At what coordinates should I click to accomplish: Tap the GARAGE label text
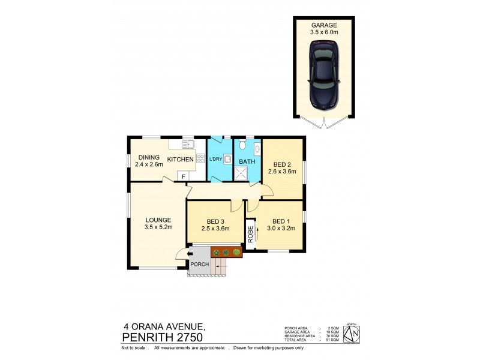tap(323, 25)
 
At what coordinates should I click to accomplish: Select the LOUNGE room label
tap(158, 220)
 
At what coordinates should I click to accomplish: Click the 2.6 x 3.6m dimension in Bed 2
tap(282, 172)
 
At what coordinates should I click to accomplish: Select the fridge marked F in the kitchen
tap(184, 176)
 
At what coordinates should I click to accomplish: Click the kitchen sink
tap(186, 145)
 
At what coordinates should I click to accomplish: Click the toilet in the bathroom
tap(241, 145)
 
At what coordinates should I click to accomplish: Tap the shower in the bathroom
tap(243, 173)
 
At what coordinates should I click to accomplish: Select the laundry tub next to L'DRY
tap(228, 160)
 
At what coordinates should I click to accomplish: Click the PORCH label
tap(199, 265)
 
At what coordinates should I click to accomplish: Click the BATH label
tap(247, 161)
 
